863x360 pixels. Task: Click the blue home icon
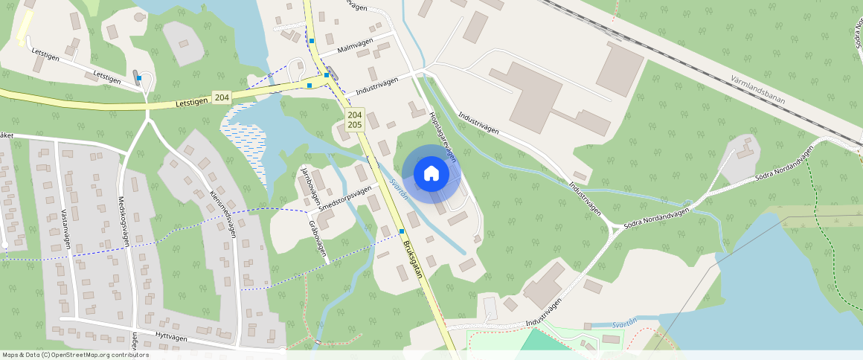[431, 173]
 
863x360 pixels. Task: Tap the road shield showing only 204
[221, 97]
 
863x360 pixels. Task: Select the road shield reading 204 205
[355, 120]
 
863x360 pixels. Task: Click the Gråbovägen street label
[318, 240]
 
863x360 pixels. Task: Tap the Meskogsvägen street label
[125, 222]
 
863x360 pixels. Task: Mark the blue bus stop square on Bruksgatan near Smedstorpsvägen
[402, 231]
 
